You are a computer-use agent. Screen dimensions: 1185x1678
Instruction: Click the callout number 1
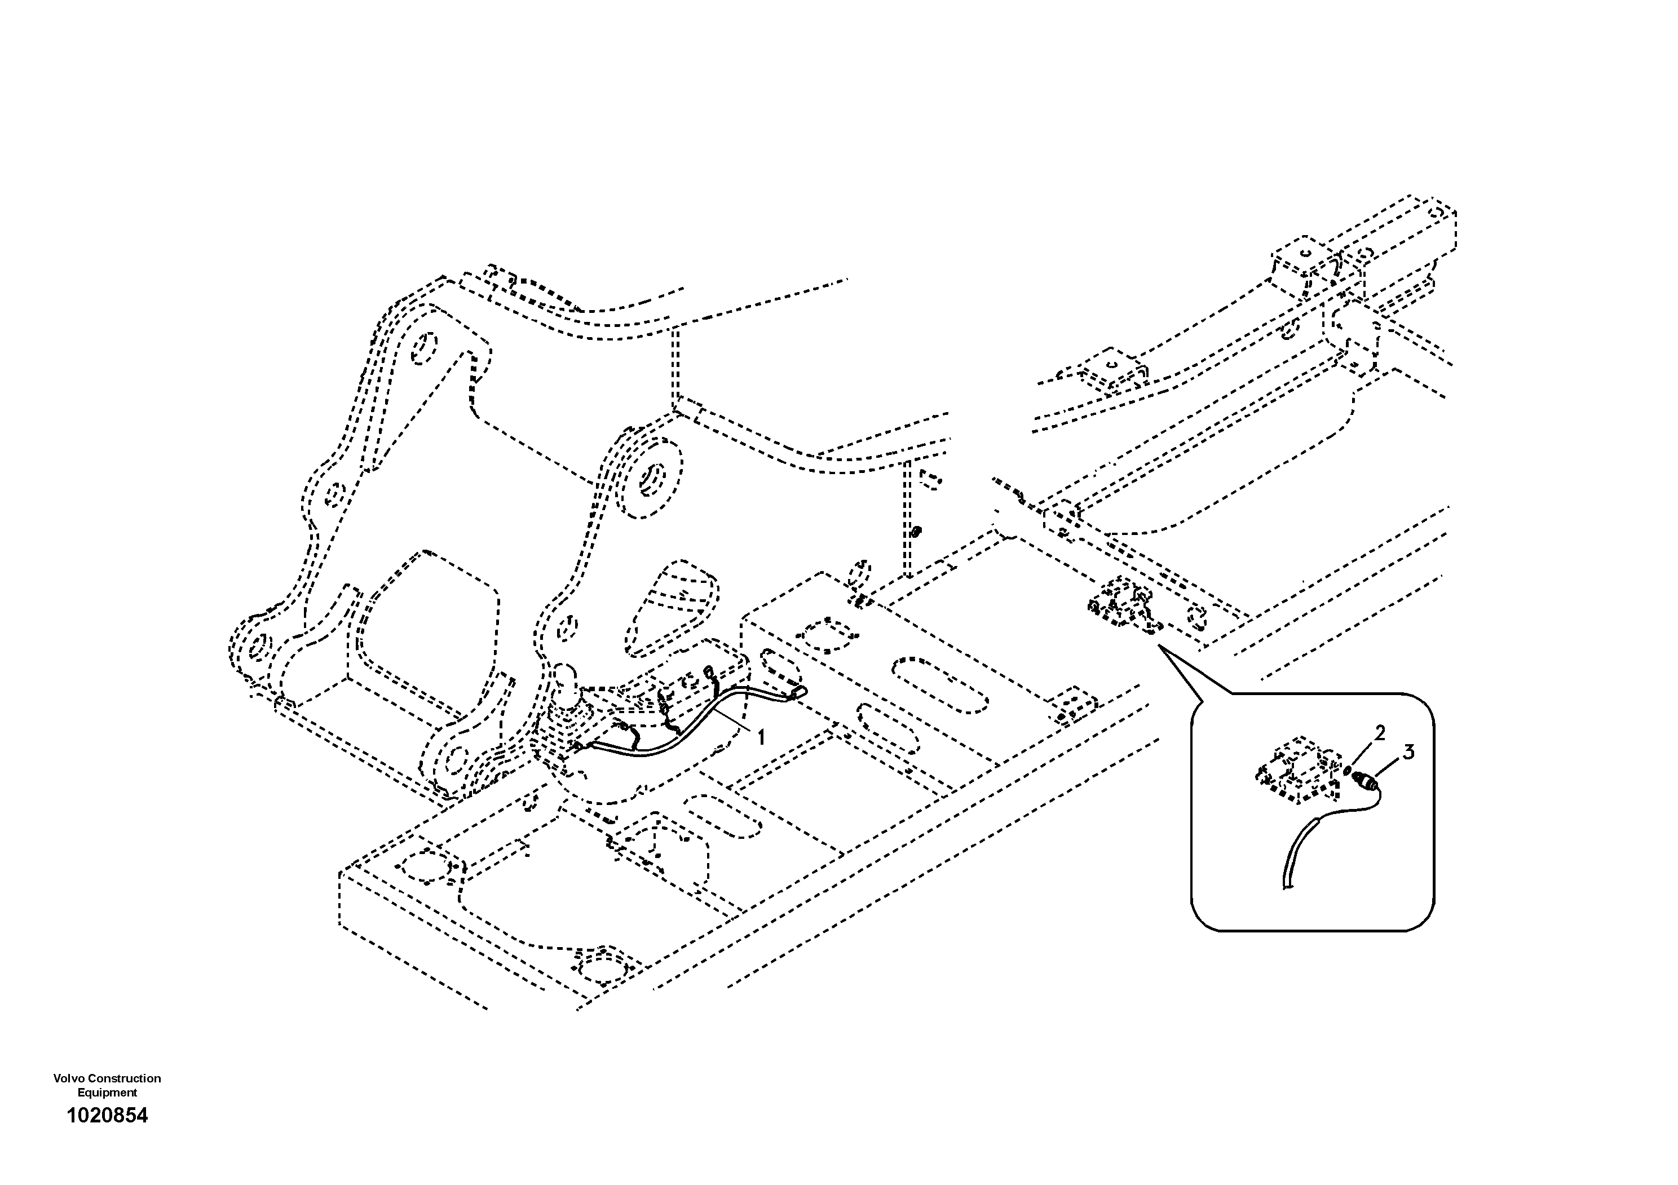(x=761, y=738)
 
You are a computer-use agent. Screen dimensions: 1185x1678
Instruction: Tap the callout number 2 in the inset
(x=1380, y=733)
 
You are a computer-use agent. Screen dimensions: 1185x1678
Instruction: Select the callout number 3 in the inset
(x=1408, y=752)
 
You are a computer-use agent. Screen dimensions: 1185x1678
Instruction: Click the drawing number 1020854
(x=107, y=1116)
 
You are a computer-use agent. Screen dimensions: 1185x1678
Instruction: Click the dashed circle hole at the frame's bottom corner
(x=603, y=972)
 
